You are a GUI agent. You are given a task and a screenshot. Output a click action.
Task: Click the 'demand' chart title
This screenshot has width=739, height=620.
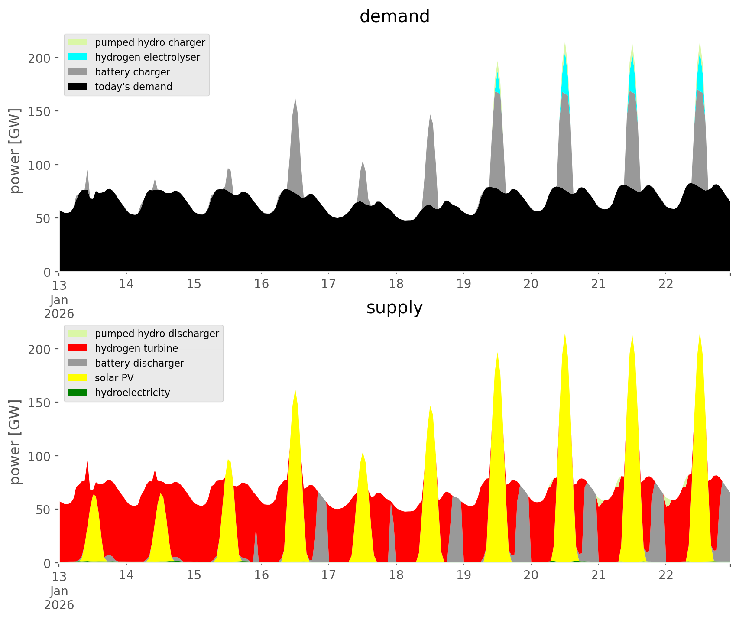pyautogui.click(x=394, y=16)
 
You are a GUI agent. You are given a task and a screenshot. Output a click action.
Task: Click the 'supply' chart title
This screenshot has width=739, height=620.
pyautogui.click(x=394, y=308)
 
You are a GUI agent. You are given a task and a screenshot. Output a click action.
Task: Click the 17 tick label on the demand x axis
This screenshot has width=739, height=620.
pyautogui.click(x=329, y=284)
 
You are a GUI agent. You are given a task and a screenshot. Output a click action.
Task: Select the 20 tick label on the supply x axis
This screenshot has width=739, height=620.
pyautogui.click(x=531, y=575)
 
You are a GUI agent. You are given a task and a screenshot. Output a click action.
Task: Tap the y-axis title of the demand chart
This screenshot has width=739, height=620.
pyautogui.click(x=15, y=151)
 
